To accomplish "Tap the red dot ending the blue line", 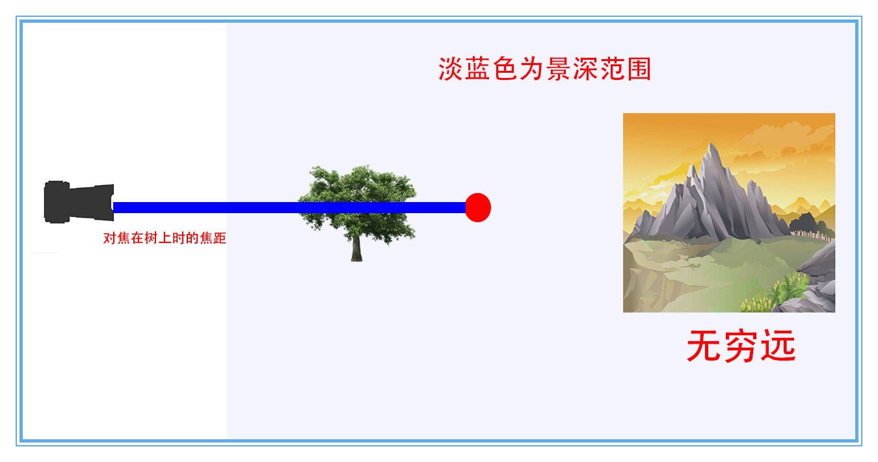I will pyautogui.click(x=478, y=207).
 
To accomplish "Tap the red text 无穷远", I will pyautogui.click(x=741, y=346).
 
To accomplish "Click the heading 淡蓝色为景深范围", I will pyautogui.click(x=545, y=69).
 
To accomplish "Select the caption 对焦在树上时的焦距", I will pyautogui.click(x=165, y=238).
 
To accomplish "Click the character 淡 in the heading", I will pyautogui.click(x=451, y=69).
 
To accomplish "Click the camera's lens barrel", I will pyautogui.click(x=91, y=202).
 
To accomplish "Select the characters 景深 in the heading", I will pyautogui.click(x=572, y=69).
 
